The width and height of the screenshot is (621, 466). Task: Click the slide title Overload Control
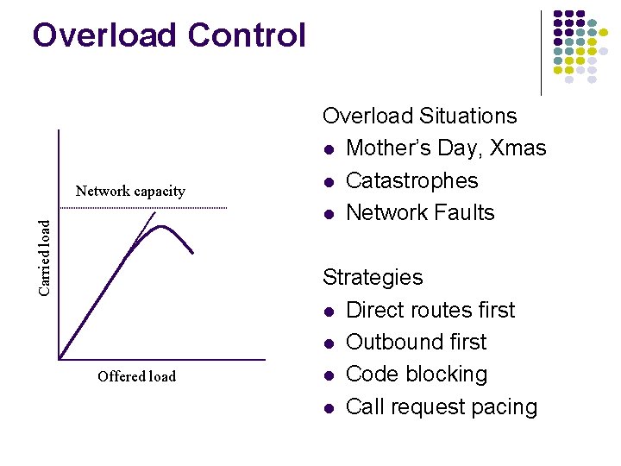[x=169, y=36]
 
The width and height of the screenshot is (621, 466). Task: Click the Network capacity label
[x=130, y=191]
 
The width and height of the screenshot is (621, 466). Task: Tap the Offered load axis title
[x=136, y=376]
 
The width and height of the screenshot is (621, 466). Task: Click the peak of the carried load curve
[x=161, y=227]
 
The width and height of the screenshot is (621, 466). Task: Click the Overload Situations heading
[x=419, y=116]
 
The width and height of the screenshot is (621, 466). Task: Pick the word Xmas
[x=517, y=148]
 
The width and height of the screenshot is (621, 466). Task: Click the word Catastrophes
[x=411, y=180]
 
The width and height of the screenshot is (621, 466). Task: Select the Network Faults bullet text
[x=420, y=212]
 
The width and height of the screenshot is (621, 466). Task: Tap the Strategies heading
[x=373, y=277]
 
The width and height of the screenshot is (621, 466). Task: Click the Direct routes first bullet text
[x=430, y=310]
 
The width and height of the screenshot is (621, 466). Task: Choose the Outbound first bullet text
[x=416, y=342]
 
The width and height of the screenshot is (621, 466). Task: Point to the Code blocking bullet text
[x=416, y=375]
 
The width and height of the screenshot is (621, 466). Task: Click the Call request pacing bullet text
[x=441, y=406]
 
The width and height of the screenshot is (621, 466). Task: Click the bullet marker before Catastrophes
[x=329, y=181]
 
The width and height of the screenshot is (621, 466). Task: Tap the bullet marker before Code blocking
[x=329, y=375]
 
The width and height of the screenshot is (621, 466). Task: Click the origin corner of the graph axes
[x=59, y=358]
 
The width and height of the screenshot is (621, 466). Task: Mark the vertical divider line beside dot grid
[x=541, y=52]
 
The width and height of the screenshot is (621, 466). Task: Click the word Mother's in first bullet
[x=385, y=148]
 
